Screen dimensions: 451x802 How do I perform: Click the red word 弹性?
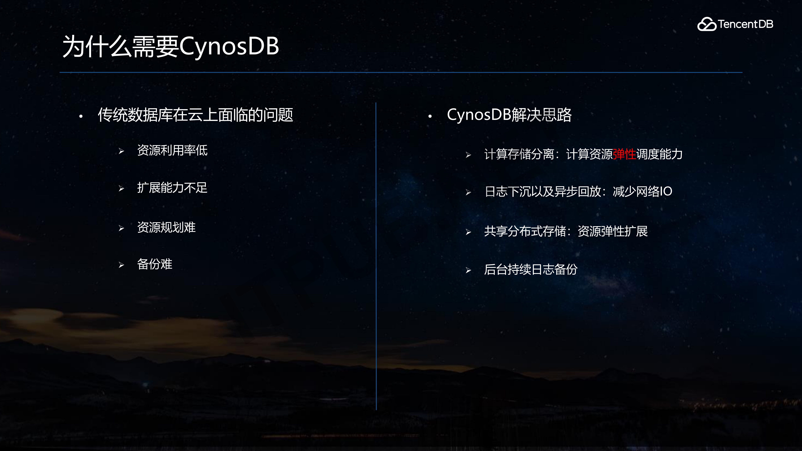pos(624,154)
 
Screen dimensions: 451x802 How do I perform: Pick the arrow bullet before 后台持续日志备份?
pos(468,270)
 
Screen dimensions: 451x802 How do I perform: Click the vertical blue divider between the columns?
pos(376,255)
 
